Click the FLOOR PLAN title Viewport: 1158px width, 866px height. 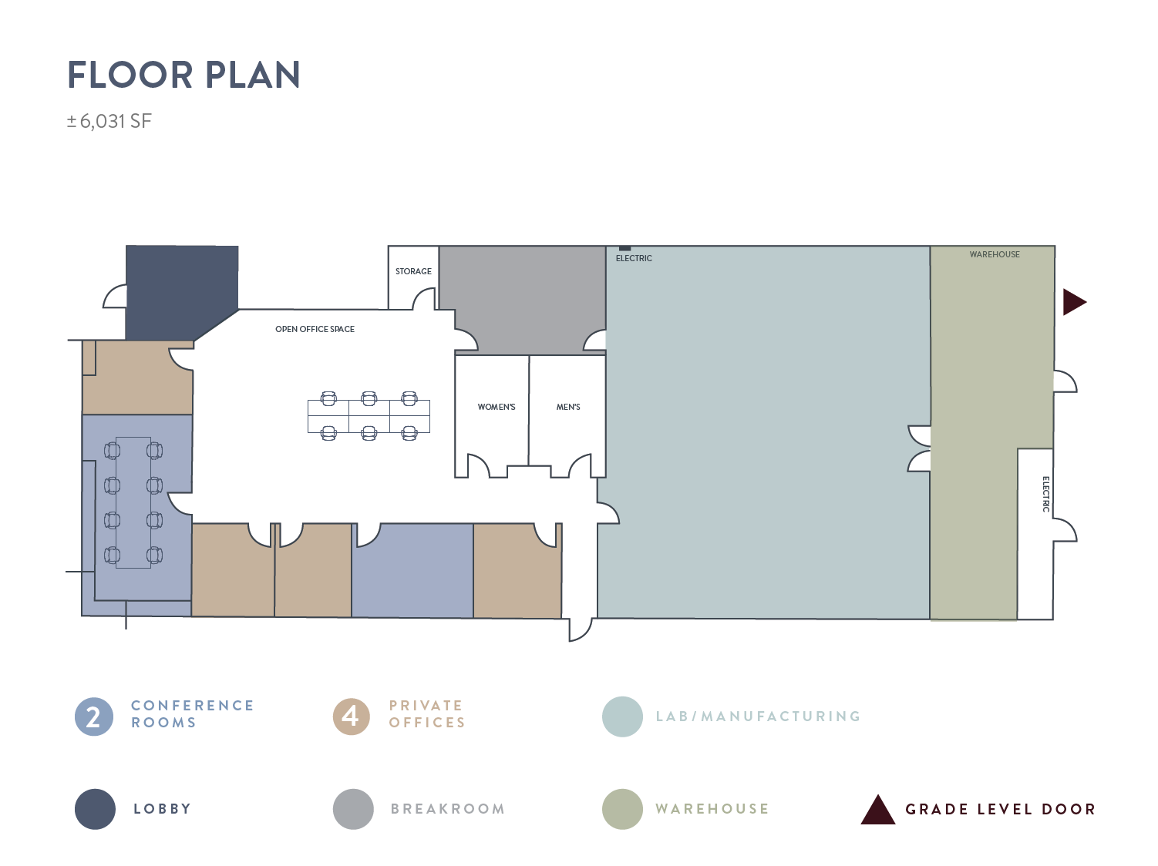pyautogui.click(x=183, y=74)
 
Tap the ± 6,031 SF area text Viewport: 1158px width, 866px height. pyautogui.click(x=109, y=121)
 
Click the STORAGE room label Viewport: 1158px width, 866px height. pyautogui.click(x=413, y=271)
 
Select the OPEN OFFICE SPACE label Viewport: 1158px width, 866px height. pyautogui.click(x=315, y=329)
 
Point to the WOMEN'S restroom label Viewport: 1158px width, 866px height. pyautogui.click(x=496, y=407)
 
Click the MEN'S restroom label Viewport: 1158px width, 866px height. pyautogui.click(x=567, y=407)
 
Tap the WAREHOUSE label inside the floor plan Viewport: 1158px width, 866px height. pyautogui.click(x=994, y=254)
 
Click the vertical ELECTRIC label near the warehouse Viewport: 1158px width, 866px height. pyautogui.click(x=1045, y=494)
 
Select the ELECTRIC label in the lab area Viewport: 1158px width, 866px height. pyautogui.click(x=634, y=258)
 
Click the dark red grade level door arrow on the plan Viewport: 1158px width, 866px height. pyautogui.click(x=1073, y=302)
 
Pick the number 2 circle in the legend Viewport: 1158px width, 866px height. pyautogui.click(x=94, y=717)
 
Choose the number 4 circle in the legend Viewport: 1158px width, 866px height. pyautogui.click(x=352, y=717)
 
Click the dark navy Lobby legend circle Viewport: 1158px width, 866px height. pyautogui.click(x=95, y=808)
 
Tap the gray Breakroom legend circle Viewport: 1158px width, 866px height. pyautogui.click(x=353, y=808)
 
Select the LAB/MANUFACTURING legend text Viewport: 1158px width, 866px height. pyautogui.click(x=758, y=717)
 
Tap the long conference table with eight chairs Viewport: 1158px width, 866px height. pyautogui.click(x=133, y=502)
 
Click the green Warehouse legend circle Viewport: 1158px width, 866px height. pyautogui.click(x=622, y=808)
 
